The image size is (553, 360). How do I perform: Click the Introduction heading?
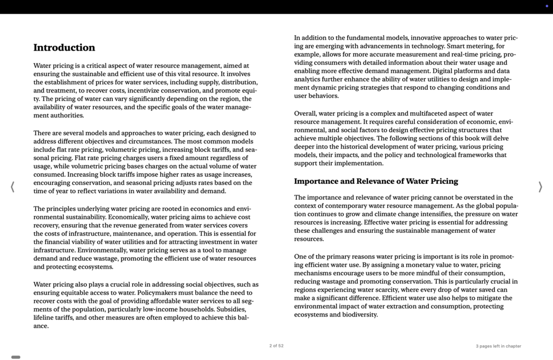[x=64, y=48]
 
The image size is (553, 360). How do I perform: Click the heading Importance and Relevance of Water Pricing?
[x=376, y=181]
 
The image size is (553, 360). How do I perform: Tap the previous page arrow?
[x=12, y=187]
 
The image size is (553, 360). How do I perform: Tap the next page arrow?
[x=540, y=187]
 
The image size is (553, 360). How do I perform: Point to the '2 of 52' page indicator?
[x=276, y=346]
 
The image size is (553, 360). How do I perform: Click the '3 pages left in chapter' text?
[x=498, y=346]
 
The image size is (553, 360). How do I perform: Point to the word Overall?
[x=305, y=113]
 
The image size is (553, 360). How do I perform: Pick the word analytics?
[x=309, y=79]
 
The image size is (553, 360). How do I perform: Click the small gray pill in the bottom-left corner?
[x=16, y=357]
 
